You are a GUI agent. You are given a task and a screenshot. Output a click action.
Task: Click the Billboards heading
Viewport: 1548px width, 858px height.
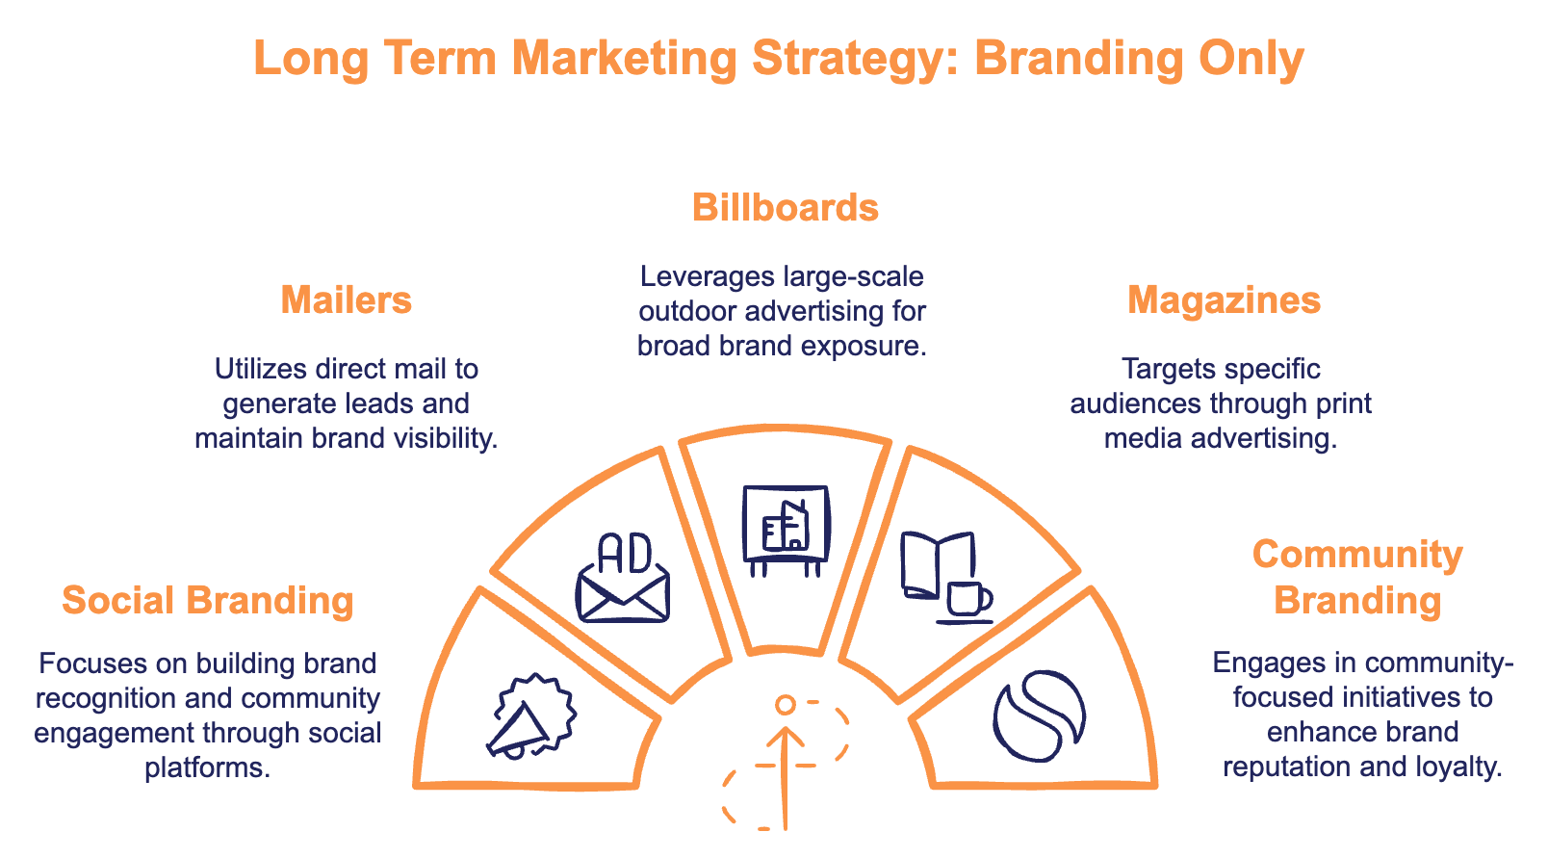point(785,208)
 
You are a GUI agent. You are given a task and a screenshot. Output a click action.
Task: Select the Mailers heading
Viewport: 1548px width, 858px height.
point(347,300)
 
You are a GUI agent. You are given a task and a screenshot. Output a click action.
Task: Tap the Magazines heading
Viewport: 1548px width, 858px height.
point(1224,300)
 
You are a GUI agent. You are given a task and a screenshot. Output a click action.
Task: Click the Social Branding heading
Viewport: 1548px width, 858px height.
point(208,601)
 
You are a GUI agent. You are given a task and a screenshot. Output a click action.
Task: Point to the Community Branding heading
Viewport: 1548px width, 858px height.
point(1357,577)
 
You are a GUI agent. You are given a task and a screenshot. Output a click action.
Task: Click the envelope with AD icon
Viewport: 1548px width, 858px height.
point(623,579)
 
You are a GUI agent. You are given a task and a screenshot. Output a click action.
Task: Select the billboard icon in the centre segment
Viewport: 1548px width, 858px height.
point(786,529)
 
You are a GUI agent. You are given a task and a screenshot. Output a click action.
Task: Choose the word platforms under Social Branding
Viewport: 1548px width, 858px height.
point(207,768)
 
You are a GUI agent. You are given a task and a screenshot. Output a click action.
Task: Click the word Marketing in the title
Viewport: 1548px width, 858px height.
point(624,59)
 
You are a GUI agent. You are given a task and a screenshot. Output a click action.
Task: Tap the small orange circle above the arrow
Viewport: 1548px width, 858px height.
point(786,705)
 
